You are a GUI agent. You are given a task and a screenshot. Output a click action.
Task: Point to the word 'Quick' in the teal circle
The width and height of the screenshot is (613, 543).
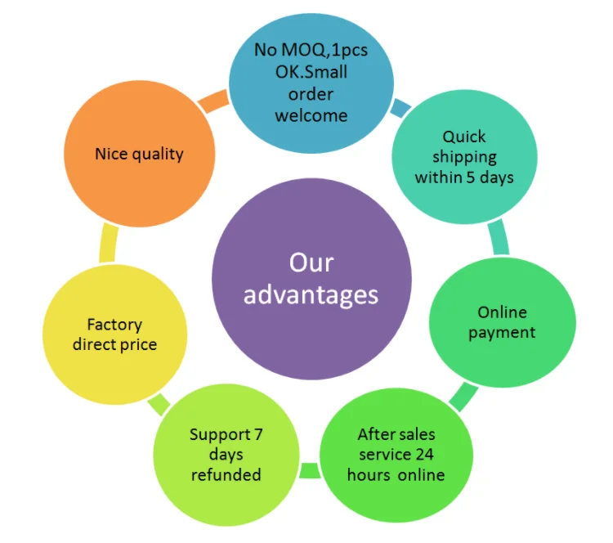(x=464, y=137)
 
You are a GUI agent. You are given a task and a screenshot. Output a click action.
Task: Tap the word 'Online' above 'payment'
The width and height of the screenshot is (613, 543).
(x=502, y=312)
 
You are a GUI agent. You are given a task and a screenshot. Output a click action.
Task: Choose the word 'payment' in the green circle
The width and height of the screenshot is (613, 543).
(x=502, y=332)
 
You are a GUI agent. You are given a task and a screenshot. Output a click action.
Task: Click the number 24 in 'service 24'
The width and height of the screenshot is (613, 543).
(x=426, y=454)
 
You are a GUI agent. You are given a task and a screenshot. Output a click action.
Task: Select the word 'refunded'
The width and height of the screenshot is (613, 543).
(x=226, y=474)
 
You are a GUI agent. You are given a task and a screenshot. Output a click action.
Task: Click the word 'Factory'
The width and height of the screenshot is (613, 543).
(x=114, y=325)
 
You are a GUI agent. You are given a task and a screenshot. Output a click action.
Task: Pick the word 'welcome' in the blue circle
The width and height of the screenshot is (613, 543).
(x=311, y=115)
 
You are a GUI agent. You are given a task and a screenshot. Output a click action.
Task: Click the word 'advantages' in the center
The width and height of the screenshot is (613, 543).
(x=311, y=294)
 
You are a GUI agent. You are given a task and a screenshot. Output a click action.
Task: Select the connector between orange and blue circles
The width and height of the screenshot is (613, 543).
(x=213, y=99)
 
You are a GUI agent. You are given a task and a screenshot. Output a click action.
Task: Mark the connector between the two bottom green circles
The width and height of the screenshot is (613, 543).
(x=310, y=470)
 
